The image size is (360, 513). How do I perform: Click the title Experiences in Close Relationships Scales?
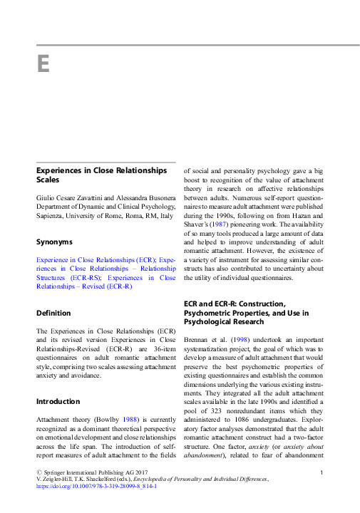101,175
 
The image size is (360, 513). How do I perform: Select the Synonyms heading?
56,241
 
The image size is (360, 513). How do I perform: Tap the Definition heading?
53,312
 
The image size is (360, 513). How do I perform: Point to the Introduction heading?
58,401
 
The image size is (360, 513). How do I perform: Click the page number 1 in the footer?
322,473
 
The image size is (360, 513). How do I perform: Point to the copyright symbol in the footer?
38,473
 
